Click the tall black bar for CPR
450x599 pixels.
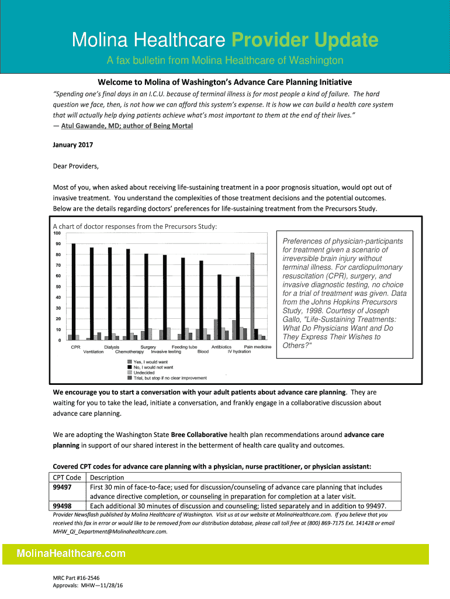point(73,291)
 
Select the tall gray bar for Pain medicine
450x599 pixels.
point(252,296)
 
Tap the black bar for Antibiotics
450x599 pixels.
point(219,307)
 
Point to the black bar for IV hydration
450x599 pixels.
point(237,308)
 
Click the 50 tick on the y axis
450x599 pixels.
point(58,287)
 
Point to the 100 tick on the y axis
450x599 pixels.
point(57,233)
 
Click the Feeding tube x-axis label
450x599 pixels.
point(184,347)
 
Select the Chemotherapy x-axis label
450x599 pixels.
point(129,352)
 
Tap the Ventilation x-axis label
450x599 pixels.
point(94,352)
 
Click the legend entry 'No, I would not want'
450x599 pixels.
point(153,367)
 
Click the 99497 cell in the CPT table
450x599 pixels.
point(63,487)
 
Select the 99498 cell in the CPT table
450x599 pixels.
point(63,506)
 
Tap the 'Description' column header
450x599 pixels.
point(107,477)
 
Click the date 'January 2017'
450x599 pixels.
point(73,144)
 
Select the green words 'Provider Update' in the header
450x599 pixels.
point(304,40)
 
